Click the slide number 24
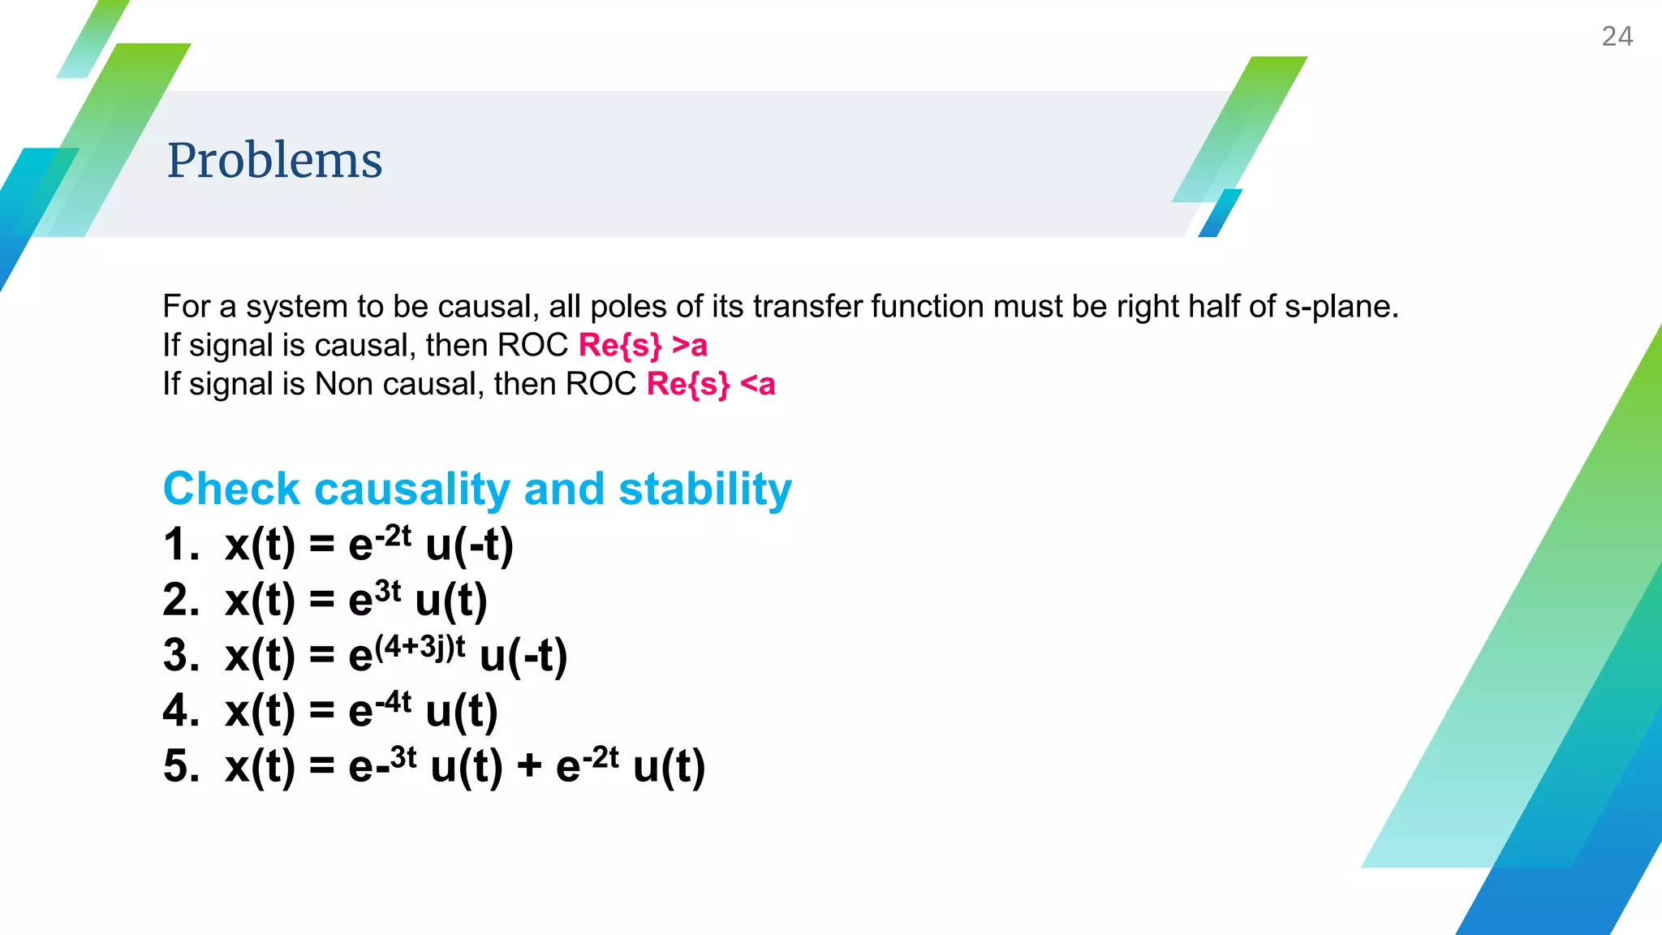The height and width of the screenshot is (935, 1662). [1617, 37]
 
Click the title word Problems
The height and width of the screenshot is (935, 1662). [274, 160]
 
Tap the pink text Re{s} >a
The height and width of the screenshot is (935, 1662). [643, 346]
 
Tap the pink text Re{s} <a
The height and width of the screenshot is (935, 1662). [711, 384]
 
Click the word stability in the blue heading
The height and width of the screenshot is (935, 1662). [704, 489]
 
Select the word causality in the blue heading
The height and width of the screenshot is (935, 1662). [412, 489]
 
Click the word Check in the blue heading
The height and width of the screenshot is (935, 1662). [231, 489]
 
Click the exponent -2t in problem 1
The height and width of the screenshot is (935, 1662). [394, 536]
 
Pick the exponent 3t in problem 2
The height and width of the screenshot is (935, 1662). [388, 591]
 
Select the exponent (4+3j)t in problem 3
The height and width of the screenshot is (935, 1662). [420, 647]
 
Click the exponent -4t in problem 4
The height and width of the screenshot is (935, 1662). [394, 701]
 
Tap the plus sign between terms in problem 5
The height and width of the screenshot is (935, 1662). [529, 765]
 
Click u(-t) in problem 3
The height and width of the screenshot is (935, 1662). [523, 656]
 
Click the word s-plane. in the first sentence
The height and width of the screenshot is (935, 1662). [1341, 307]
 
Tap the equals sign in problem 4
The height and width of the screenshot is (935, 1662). [322, 712]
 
